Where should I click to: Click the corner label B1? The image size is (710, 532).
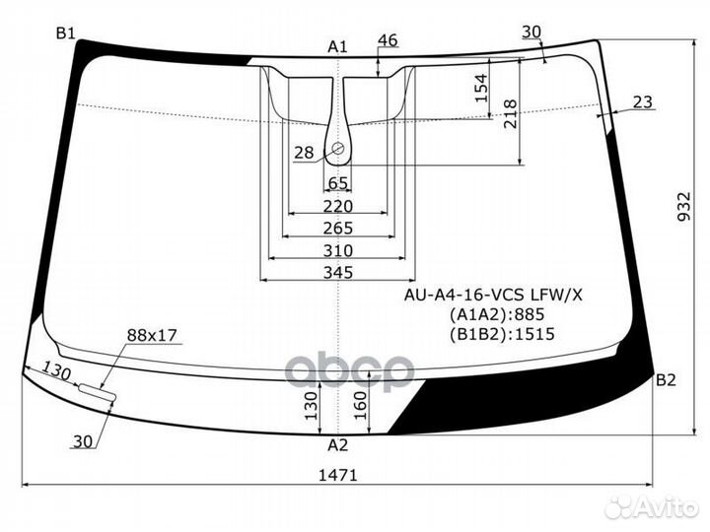(x=66, y=33)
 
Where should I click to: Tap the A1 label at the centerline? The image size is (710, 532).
(x=338, y=46)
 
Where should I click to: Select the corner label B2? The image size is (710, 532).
(x=666, y=380)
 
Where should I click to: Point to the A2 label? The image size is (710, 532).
(x=338, y=444)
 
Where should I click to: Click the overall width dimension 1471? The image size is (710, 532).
(x=338, y=475)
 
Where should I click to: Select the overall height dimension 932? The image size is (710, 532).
(x=685, y=233)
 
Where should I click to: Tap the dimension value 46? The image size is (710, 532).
(x=388, y=40)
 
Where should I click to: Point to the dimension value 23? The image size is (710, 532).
(x=642, y=101)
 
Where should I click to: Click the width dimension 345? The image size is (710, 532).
(x=338, y=273)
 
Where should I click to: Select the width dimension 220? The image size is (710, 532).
(x=337, y=206)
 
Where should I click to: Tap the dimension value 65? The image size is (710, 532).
(x=337, y=183)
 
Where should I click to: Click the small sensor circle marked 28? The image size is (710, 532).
(x=338, y=149)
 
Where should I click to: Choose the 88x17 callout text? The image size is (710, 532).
(x=151, y=336)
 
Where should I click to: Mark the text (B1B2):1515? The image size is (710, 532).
(x=502, y=334)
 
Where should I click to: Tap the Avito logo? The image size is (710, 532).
(x=653, y=506)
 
